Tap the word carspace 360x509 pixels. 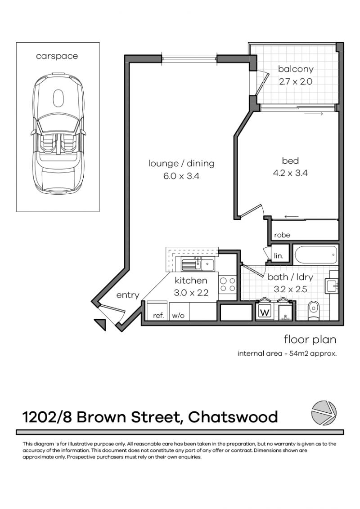(57, 56)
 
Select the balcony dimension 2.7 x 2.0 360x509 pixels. (295, 82)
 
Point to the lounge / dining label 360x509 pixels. (181, 163)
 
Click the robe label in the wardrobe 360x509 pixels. (282, 235)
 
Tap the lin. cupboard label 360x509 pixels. (279, 256)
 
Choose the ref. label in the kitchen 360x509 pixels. (158, 316)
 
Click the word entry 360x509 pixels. (128, 295)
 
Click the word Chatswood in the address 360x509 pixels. (233, 417)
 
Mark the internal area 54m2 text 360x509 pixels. (287, 353)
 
